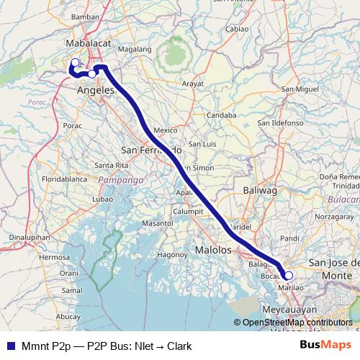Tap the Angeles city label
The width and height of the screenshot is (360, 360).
(x=96, y=90)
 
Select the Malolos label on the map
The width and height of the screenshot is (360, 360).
(x=213, y=250)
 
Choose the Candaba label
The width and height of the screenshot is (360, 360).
(x=221, y=114)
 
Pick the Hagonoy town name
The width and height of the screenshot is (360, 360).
(x=172, y=254)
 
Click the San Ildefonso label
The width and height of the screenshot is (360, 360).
(x=281, y=123)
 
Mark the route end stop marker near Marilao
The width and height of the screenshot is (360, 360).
(x=289, y=275)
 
